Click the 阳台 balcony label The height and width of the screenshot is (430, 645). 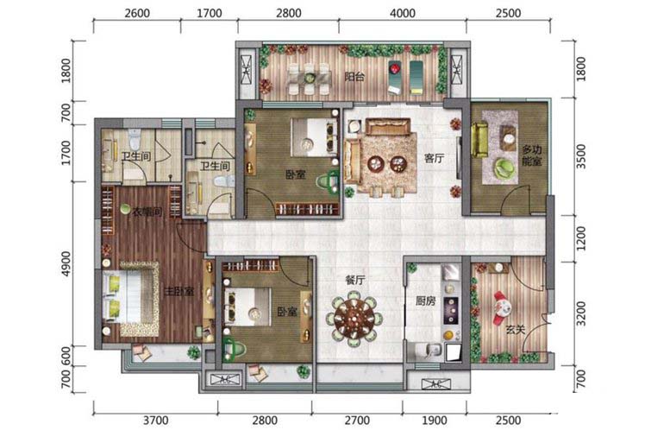pyautogui.click(x=354, y=77)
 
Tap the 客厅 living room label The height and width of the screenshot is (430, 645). pyautogui.click(x=434, y=158)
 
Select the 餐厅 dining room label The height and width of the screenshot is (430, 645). pyautogui.click(x=355, y=280)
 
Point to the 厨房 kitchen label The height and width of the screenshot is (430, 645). pyautogui.click(x=425, y=301)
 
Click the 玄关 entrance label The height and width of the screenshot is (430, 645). pyautogui.click(x=516, y=330)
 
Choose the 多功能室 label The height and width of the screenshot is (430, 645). pyautogui.click(x=531, y=155)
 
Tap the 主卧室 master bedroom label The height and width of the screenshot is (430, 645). pyautogui.click(x=178, y=292)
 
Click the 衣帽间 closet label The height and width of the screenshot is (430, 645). pyautogui.click(x=147, y=212)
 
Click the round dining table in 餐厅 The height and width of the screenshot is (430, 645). pyautogui.click(x=354, y=318)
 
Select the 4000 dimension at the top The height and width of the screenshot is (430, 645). pyautogui.click(x=403, y=13)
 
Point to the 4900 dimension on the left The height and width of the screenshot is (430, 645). pyautogui.click(x=66, y=263)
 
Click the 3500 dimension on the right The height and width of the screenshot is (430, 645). pyautogui.click(x=580, y=156)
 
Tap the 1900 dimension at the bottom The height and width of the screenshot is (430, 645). pyautogui.click(x=435, y=421)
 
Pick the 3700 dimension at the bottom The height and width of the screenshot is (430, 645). pyautogui.click(x=156, y=421)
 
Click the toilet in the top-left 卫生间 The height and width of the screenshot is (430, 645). pyautogui.click(x=135, y=139)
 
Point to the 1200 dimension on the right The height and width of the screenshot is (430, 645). pyautogui.click(x=580, y=238)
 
